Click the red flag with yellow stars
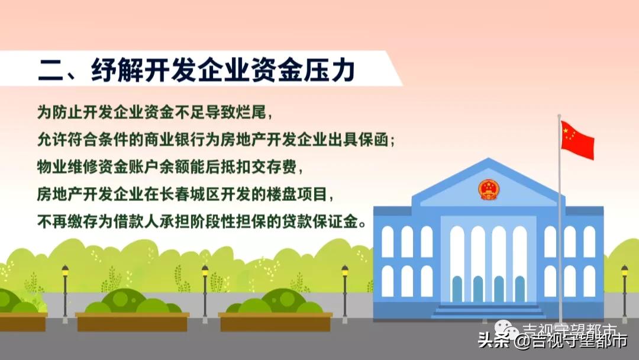pos(577,139)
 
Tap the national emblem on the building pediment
pos(488,190)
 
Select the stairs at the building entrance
pos(488,310)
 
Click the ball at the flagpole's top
pos(559,117)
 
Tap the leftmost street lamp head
pos(65,270)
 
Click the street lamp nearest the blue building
pos(345,270)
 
